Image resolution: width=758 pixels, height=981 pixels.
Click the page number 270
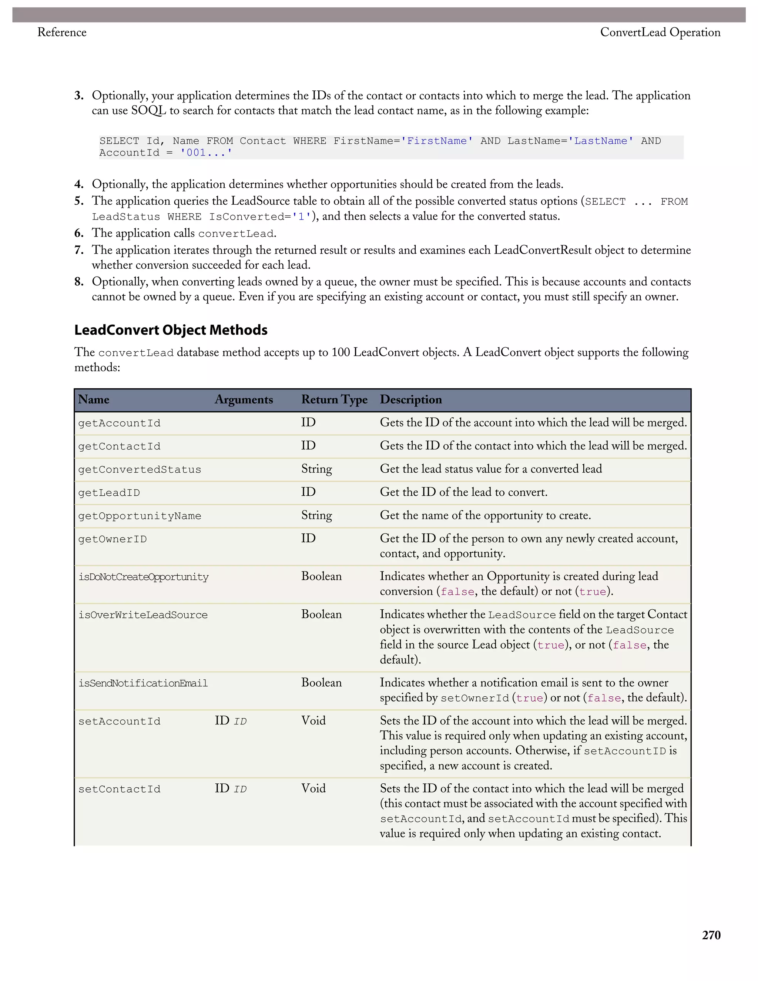click(711, 935)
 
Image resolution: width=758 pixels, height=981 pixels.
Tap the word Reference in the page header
click(62, 32)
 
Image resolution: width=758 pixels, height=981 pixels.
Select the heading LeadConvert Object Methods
click(171, 330)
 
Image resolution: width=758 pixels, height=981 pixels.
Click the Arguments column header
click(244, 399)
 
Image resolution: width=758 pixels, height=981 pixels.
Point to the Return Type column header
click(334, 399)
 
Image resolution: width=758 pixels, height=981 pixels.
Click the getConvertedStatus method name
click(139, 469)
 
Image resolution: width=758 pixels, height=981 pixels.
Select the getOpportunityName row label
click(139, 516)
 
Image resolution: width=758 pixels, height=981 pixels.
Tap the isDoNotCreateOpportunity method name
click(143, 577)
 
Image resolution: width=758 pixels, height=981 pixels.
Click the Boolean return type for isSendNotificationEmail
click(321, 683)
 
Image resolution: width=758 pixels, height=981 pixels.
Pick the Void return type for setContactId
click(313, 788)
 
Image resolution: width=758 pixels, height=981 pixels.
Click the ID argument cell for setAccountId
click(230, 721)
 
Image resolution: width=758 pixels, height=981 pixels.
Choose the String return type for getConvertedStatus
click(316, 469)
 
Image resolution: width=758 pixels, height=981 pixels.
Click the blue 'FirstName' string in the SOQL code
click(436, 141)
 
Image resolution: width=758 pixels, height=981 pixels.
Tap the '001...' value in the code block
click(206, 153)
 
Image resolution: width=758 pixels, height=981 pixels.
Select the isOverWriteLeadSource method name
click(143, 615)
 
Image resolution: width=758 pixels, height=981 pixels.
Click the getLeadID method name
click(109, 493)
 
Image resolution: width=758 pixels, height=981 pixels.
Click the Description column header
click(410, 399)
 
